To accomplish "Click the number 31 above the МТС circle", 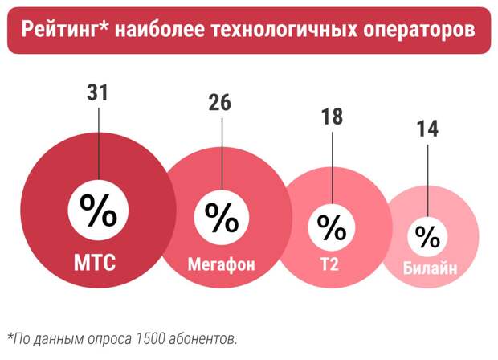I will pyautogui.click(x=97, y=93).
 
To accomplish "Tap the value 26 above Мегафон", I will pyautogui.click(x=219, y=103).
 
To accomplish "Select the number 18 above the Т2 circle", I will pyautogui.click(x=332, y=117).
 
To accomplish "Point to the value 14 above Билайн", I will pyautogui.click(x=427, y=129).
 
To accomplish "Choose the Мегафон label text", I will pyautogui.click(x=221, y=263).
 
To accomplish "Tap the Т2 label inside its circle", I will pyautogui.click(x=329, y=263).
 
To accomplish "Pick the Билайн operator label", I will pyautogui.click(x=430, y=268).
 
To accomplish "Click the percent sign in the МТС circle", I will pyautogui.click(x=98, y=212).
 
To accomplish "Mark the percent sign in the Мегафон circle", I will pyautogui.click(x=221, y=217).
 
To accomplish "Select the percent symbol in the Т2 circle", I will pyautogui.click(x=331, y=227).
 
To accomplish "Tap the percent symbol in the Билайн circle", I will pyautogui.click(x=428, y=236).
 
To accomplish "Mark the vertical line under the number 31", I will pyautogui.click(x=98, y=141).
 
